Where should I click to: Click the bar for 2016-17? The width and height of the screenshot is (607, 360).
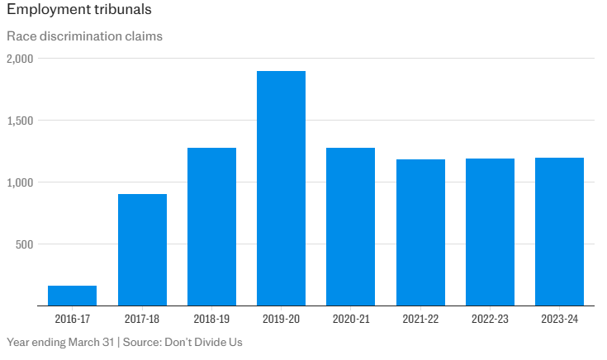[73, 296]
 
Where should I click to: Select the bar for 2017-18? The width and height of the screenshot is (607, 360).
[142, 249]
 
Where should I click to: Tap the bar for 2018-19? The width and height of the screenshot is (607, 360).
[211, 226]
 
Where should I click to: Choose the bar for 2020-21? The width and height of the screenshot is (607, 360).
[351, 226]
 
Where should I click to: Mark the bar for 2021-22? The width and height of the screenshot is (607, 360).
[420, 232]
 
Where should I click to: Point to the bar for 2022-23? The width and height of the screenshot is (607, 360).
[490, 232]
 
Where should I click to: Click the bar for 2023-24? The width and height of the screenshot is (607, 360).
[560, 231]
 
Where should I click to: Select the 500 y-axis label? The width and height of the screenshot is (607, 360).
[24, 244]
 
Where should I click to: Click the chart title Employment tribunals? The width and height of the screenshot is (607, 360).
[78, 12]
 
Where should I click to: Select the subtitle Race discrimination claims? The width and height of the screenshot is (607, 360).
[84, 36]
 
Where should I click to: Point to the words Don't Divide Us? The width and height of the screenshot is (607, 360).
[204, 342]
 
